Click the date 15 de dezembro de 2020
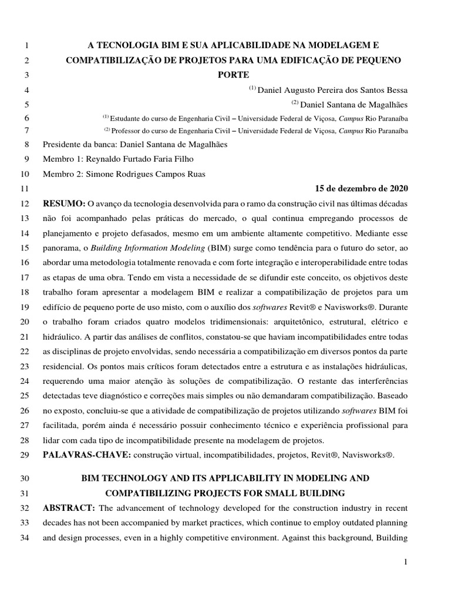[x=361, y=189]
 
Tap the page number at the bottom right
[x=405, y=563]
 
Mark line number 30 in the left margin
[x=25, y=479]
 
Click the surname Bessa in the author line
[x=395, y=90]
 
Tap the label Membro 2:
[x=62, y=174]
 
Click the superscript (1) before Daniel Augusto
[x=252, y=88]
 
